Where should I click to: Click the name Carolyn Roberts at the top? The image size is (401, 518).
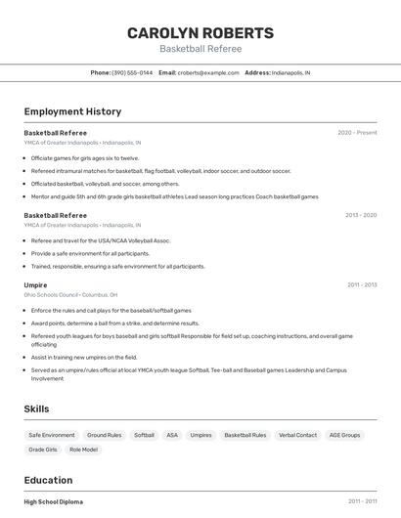(200, 33)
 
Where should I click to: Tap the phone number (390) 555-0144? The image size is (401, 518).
(132, 72)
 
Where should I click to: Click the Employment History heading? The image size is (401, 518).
(72, 111)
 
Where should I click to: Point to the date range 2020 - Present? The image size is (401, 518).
(357, 133)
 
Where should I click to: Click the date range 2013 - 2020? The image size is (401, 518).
(361, 215)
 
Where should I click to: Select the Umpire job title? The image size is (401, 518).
(35, 285)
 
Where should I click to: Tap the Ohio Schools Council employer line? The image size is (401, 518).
(70, 294)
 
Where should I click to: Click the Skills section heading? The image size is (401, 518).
(36, 410)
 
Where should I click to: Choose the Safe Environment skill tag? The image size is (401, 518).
(52, 435)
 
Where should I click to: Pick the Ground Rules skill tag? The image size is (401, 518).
(105, 435)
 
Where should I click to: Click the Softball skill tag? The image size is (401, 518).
(144, 435)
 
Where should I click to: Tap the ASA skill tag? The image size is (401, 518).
(172, 435)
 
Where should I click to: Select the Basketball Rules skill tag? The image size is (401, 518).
(245, 435)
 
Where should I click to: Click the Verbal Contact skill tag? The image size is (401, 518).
(297, 435)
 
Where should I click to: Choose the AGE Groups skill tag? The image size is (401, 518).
(344, 435)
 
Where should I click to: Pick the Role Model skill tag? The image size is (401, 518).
(83, 450)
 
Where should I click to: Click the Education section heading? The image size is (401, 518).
(48, 480)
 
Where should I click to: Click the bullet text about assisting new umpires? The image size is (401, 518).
(84, 358)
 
